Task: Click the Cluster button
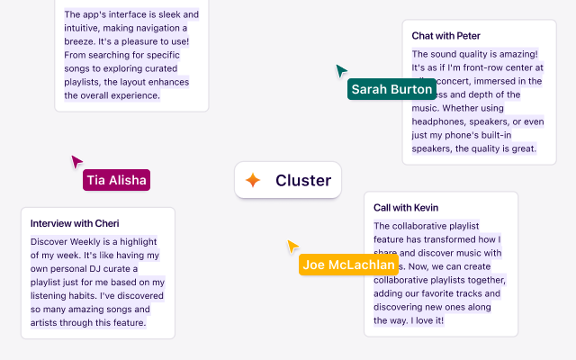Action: [288, 180]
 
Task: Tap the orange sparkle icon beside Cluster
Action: [254, 180]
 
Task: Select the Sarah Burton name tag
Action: [391, 89]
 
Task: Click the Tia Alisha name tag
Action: [116, 180]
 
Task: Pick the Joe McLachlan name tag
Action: [349, 265]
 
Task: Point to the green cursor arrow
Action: [341, 70]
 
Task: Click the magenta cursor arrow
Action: [76, 161]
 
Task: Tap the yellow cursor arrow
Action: [292, 246]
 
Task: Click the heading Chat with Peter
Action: [445, 36]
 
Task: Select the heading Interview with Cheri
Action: [75, 223]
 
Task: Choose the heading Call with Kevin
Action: [406, 207]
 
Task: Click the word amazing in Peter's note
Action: [514, 54]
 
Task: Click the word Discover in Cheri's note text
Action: [50, 241]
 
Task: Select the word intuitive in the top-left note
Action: [85, 28]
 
